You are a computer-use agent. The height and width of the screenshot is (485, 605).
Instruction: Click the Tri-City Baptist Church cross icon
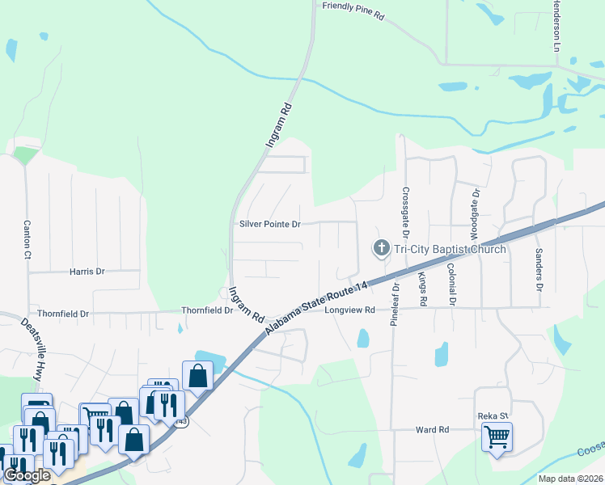(x=380, y=248)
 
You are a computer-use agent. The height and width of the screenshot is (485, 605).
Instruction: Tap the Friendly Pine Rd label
(x=353, y=6)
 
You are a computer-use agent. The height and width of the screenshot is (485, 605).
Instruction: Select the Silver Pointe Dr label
(x=270, y=224)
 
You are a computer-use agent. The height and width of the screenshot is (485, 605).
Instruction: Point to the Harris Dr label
(x=87, y=272)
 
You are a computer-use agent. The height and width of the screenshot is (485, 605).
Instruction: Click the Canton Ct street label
(x=27, y=240)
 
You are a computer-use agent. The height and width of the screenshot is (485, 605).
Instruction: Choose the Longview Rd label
(x=350, y=310)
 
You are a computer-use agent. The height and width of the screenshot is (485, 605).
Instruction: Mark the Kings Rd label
(x=422, y=289)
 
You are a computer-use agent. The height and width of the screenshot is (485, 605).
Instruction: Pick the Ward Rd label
(x=432, y=431)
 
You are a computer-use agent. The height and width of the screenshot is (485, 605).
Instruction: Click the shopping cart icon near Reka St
(x=497, y=437)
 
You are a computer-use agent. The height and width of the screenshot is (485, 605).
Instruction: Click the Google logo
(x=27, y=475)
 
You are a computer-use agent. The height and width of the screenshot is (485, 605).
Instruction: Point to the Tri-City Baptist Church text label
(x=450, y=249)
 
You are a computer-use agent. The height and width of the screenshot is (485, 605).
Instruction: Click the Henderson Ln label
(x=556, y=27)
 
